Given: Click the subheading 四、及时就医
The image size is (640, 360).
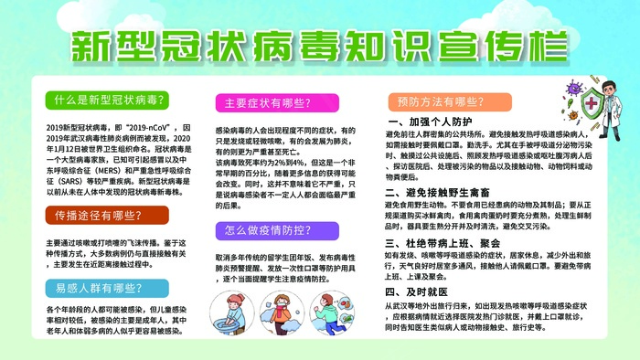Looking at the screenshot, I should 414,299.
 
